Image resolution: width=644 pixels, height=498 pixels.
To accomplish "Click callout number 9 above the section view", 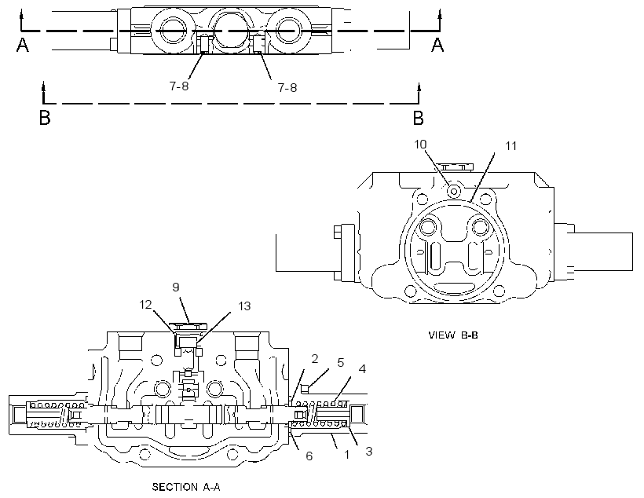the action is pyautogui.click(x=176, y=287).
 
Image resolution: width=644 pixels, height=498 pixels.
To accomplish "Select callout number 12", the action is pyautogui.click(x=146, y=305).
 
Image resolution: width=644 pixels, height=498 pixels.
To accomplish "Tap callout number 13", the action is pyautogui.click(x=244, y=306).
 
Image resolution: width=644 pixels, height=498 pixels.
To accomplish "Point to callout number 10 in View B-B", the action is pyautogui.click(x=420, y=145).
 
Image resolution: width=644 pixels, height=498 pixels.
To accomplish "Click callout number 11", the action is pyautogui.click(x=510, y=146).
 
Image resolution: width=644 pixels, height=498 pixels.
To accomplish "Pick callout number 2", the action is pyautogui.click(x=315, y=359).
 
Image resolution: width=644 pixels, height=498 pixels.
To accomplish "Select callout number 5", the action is pyautogui.click(x=341, y=362).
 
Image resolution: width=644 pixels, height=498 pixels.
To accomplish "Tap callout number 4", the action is pyautogui.click(x=362, y=368).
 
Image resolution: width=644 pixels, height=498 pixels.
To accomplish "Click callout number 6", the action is pyautogui.click(x=309, y=456).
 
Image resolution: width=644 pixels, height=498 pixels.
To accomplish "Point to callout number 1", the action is pyautogui.click(x=346, y=455).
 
